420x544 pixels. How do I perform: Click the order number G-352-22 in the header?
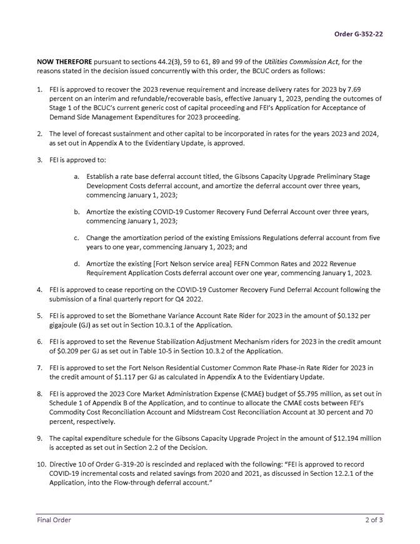[x=359, y=34]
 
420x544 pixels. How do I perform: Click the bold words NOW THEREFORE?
[x=64, y=63]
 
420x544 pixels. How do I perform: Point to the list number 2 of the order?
[x=39, y=134]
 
